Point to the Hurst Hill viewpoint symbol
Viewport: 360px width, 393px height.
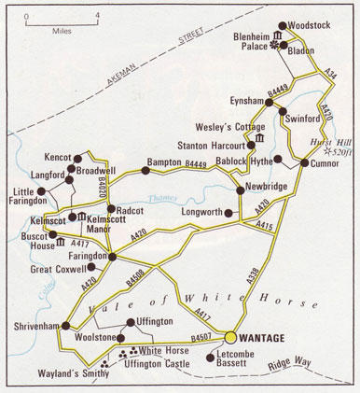[326, 150]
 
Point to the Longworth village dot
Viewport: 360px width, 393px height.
[229, 212]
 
